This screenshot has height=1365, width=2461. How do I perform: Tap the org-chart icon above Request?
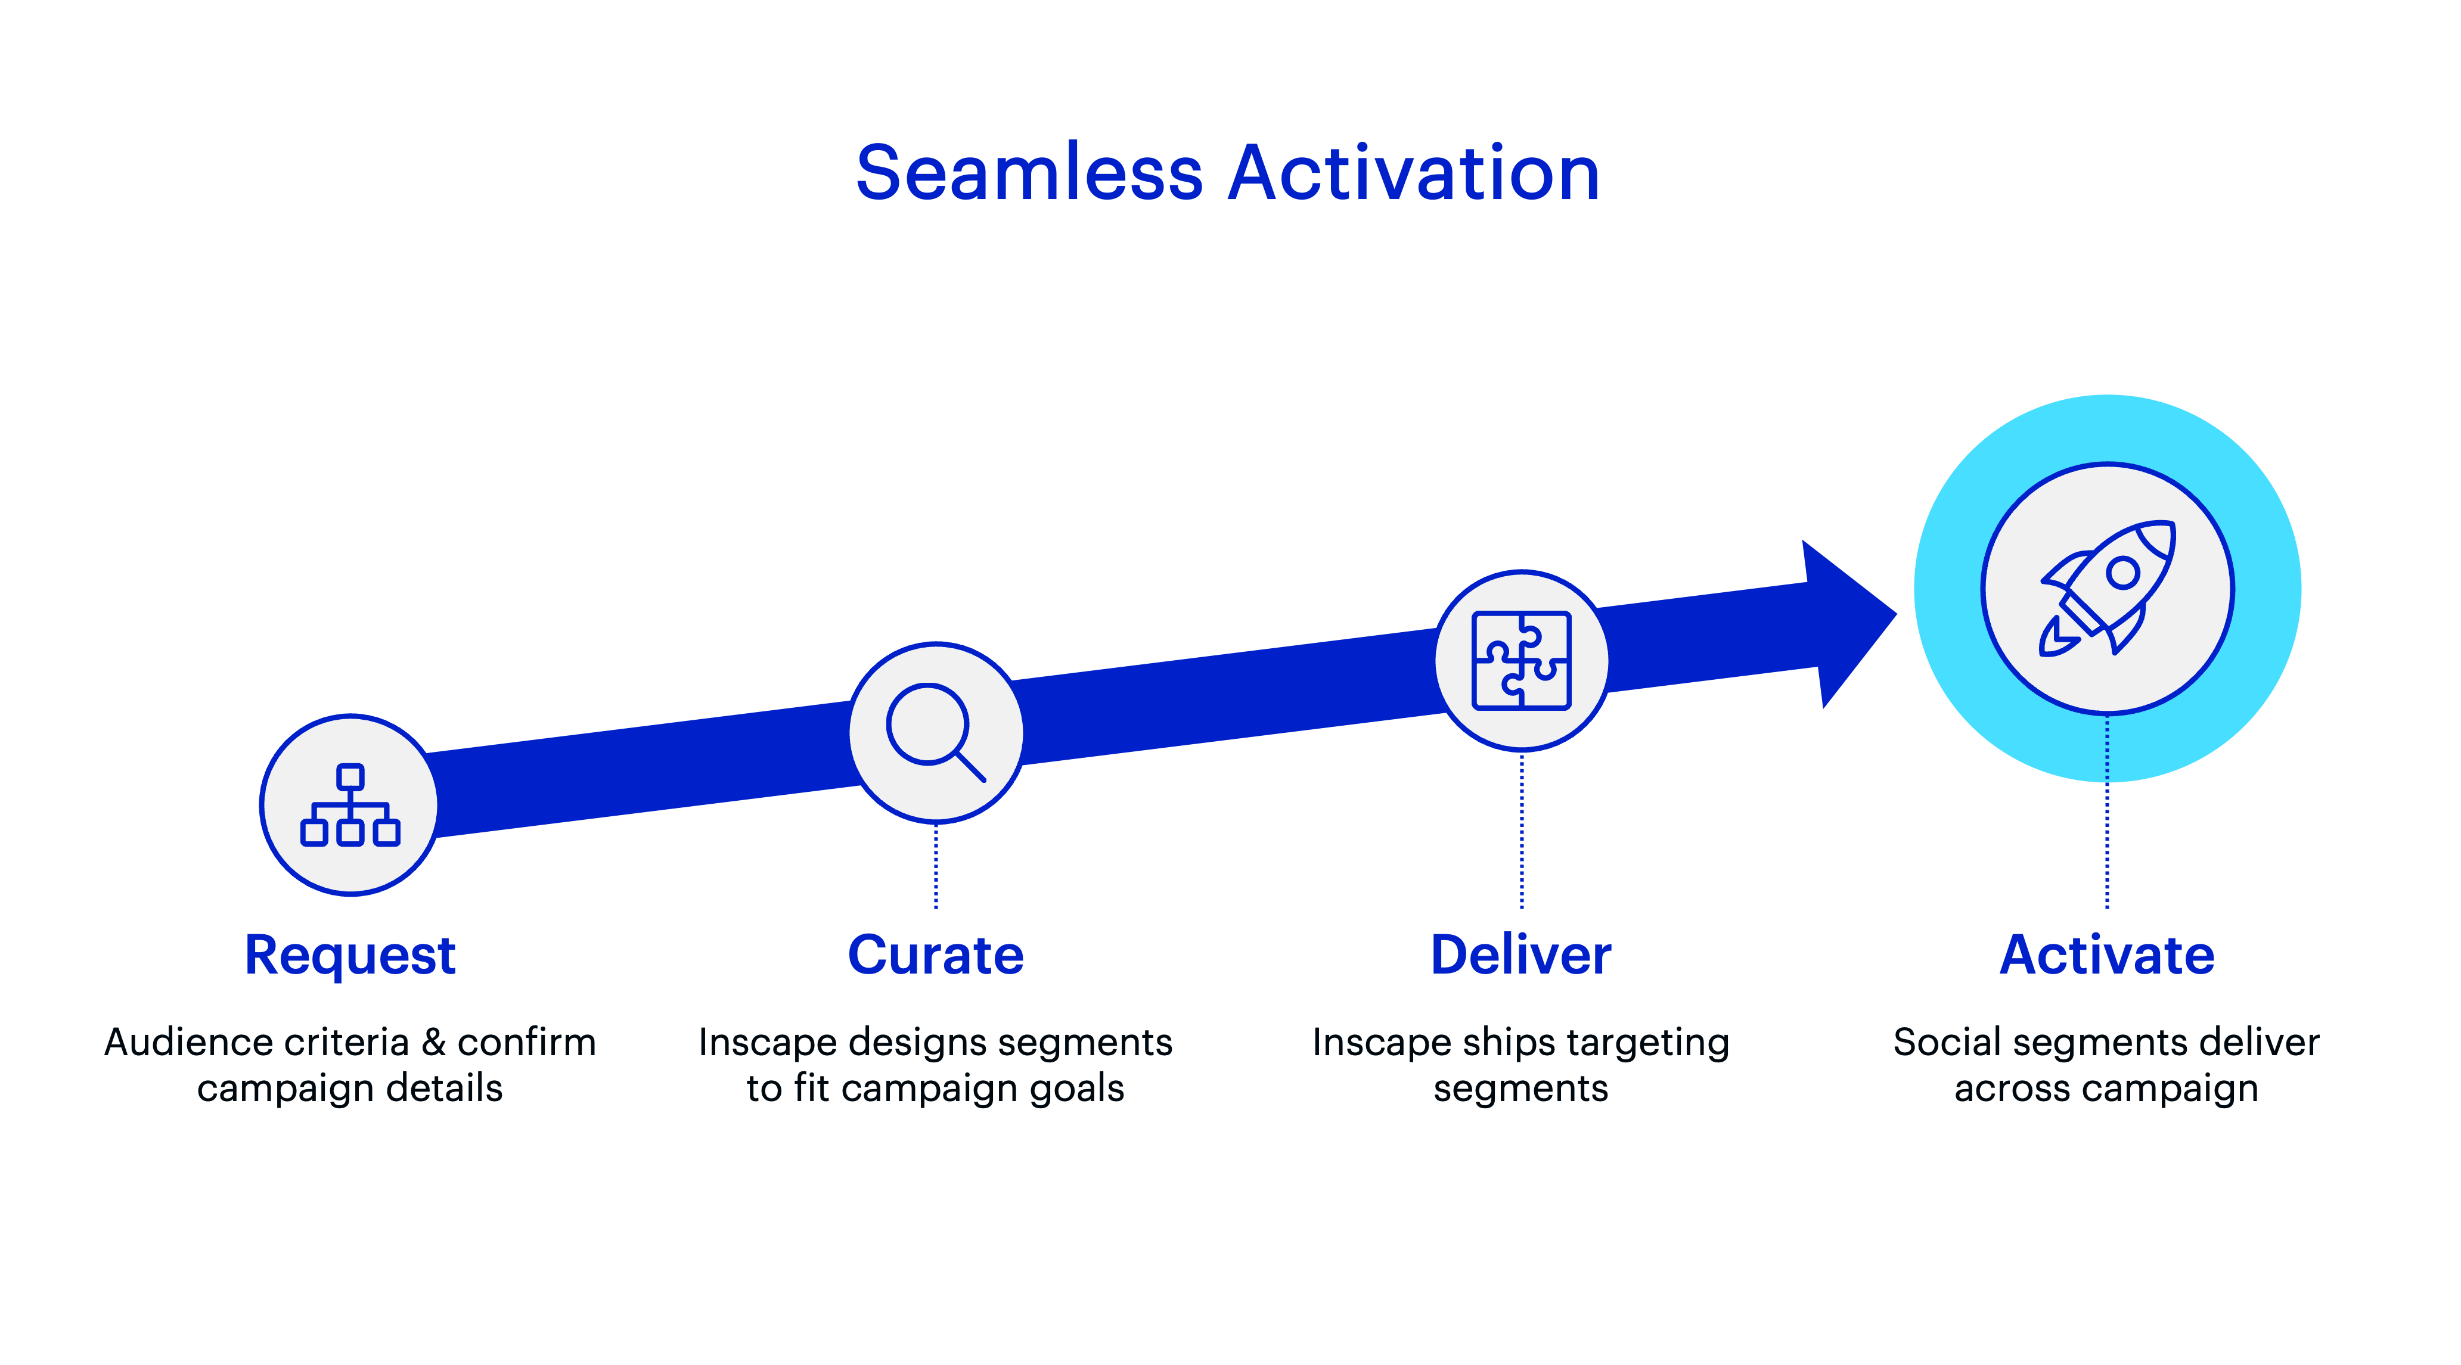pyautogui.click(x=350, y=806)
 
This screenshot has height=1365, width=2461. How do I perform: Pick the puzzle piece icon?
pyautogui.click(x=1521, y=660)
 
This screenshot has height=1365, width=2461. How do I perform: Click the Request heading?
pyautogui.click(x=350, y=955)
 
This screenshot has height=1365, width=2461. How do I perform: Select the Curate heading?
pyautogui.click(x=935, y=955)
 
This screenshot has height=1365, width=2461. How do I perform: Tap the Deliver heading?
pyautogui.click(x=1521, y=955)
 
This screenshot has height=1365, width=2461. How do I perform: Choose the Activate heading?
pyautogui.click(x=2106, y=955)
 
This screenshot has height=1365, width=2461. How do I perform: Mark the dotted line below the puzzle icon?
pyautogui.click(x=1522, y=830)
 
